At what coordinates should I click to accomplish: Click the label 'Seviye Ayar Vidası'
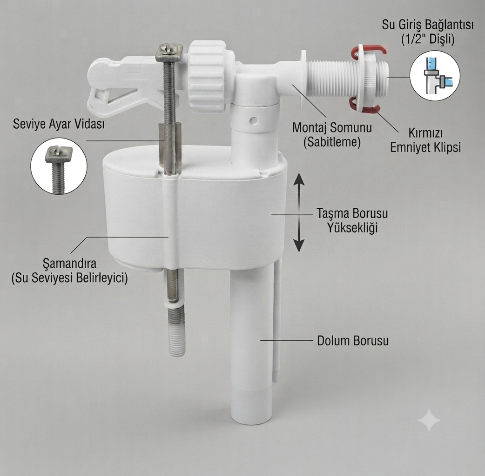[59, 124]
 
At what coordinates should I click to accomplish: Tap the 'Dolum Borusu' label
[353, 341]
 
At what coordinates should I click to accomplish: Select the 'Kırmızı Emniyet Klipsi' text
[425, 140]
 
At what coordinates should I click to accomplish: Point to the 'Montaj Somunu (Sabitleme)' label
[332, 135]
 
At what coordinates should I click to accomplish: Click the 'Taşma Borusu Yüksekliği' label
[352, 220]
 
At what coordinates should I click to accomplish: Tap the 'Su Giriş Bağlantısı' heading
[427, 24]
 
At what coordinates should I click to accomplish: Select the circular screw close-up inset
[59, 166]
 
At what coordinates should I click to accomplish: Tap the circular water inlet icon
[435, 76]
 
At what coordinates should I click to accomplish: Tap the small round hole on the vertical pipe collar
[254, 119]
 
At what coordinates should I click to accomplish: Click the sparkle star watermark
[429, 420]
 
